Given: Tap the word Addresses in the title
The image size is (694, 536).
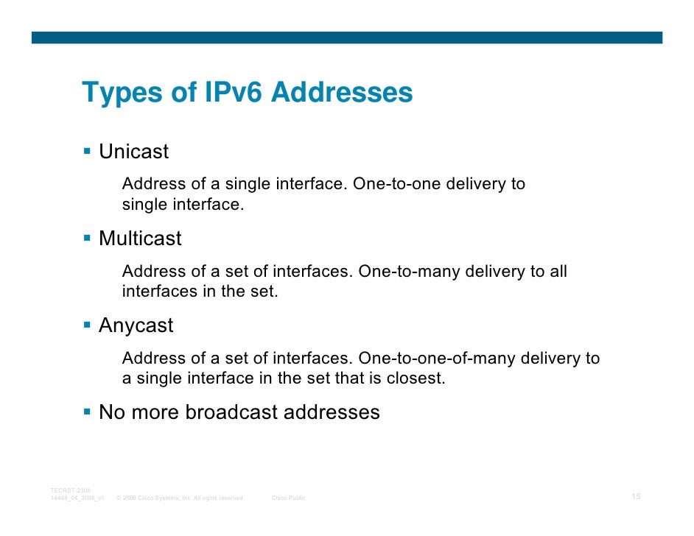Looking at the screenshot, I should coord(343,94).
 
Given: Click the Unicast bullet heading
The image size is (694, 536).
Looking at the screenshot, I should coord(133,152).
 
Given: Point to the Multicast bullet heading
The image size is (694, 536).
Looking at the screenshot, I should coord(140,239).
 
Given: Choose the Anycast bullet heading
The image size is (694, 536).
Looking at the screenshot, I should coord(136,325).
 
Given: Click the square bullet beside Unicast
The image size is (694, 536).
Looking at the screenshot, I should coord(86,152).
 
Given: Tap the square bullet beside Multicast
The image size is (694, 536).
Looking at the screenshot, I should coord(86,239).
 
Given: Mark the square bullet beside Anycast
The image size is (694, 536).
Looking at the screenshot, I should coord(86,325).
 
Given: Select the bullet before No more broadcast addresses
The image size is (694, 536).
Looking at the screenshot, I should coord(86,412).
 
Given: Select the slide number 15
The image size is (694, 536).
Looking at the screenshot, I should coord(637,497).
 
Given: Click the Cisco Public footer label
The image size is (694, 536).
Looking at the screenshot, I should coord(289,498).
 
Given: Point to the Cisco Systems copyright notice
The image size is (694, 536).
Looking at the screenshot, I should coord(180,498).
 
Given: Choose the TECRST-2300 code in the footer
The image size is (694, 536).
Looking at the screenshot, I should coord(71,490).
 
